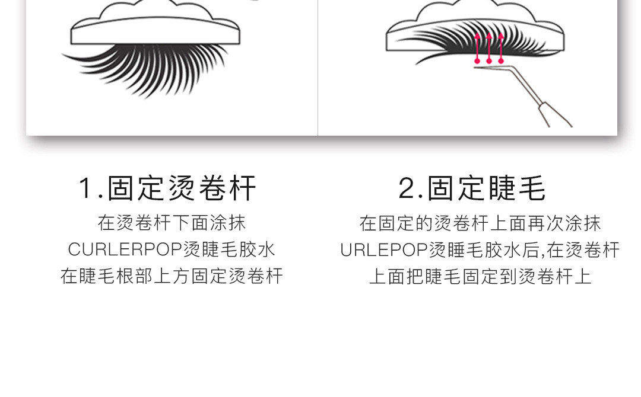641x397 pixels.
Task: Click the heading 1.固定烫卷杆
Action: point(168,188)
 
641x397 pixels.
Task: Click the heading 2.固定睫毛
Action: point(472,188)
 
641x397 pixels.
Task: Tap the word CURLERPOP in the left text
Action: point(125,249)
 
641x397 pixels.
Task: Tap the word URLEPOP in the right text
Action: point(383,249)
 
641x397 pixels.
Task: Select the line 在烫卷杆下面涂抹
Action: point(172,223)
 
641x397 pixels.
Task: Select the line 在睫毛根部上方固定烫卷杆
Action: point(172,276)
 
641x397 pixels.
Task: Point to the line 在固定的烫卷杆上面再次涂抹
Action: point(480,223)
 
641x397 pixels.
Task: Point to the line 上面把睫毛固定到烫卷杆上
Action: point(480,276)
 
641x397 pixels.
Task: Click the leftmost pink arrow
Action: point(477,47)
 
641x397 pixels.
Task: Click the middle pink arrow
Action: point(489,47)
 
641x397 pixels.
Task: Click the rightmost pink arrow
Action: point(501,47)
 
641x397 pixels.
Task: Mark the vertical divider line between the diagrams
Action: point(318,68)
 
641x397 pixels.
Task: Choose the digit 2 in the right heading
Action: point(407,188)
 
